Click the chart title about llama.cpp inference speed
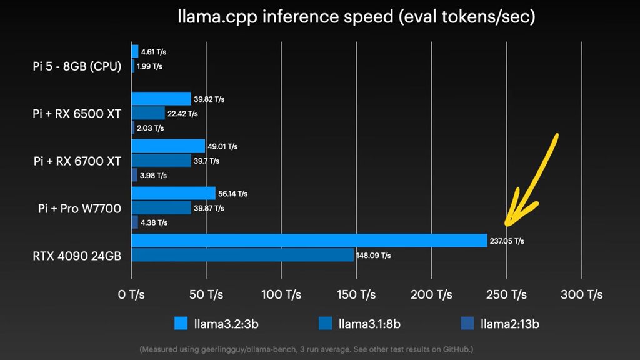pyautogui.click(x=356, y=17)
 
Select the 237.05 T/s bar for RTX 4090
pyautogui.click(x=309, y=241)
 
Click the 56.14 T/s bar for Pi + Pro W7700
pyautogui.click(x=173, y=193)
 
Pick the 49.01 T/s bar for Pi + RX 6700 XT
pyautogui.click(x=168, y=146)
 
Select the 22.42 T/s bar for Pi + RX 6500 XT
pyautogui.click(x=148, y=113)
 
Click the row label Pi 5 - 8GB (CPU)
pyautogui.click(x=77, y=66)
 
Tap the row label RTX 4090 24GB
pyautogui.click(x=77, y=255)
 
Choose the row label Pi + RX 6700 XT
pyautogui.click(x=77, y=161)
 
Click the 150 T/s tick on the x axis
pyautogui.click(x=356, y=294)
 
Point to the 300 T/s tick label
pyautogui.click(x=581, y=294)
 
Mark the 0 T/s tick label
pyautogui.click(x=131, y=294)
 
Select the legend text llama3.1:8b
pyautogui.click(x=369, y=324)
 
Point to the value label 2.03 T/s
pyautogui.click(x=150, y=128)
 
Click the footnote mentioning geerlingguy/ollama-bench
pyautogui.click(x=311, y=349)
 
